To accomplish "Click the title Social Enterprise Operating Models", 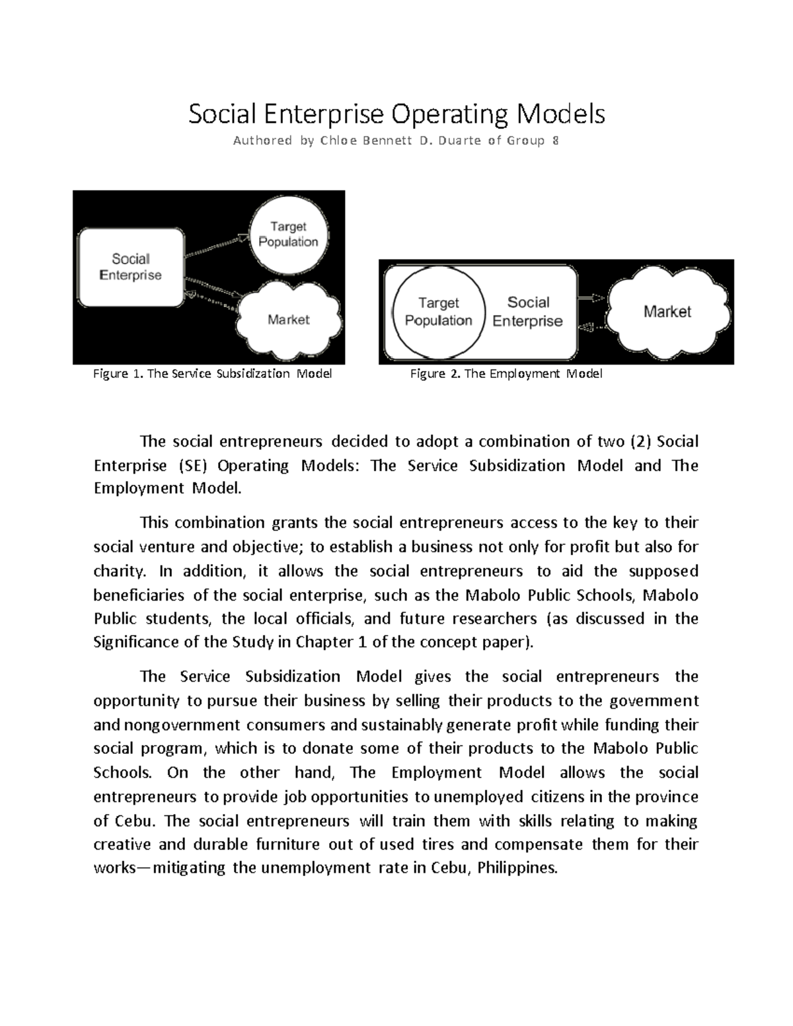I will point(397,114).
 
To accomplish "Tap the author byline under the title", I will point(397,141).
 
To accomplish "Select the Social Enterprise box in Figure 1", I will point(131,267).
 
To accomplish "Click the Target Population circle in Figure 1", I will point(288,235).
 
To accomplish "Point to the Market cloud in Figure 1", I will point(289,320).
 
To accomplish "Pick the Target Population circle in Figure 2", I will point(438,312).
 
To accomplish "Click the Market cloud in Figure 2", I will point(667,312).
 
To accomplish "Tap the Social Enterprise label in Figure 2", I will point(527,312).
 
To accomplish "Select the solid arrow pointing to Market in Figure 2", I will point(591,299).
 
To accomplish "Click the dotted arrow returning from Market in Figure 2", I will point(591,326).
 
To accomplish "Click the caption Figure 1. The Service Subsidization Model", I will point(212,374).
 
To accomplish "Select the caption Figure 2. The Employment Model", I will point(506,374).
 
